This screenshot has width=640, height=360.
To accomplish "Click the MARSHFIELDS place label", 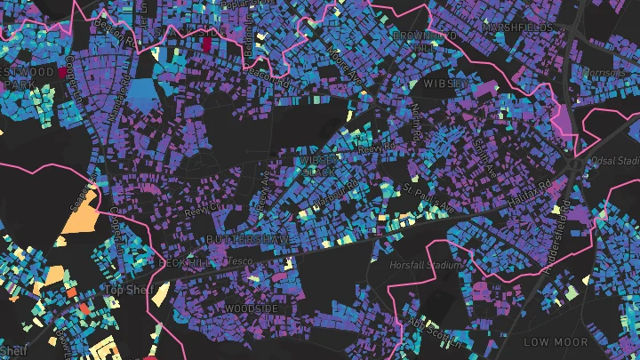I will (517, 28).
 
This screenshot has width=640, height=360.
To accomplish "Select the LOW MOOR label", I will (556, 341).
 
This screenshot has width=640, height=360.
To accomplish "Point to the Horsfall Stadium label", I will (427, 264).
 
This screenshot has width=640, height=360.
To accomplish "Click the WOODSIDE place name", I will (252, 308).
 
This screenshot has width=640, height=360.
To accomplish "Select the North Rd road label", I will (418, 121).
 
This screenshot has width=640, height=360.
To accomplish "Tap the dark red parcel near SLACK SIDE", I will (208, 44).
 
